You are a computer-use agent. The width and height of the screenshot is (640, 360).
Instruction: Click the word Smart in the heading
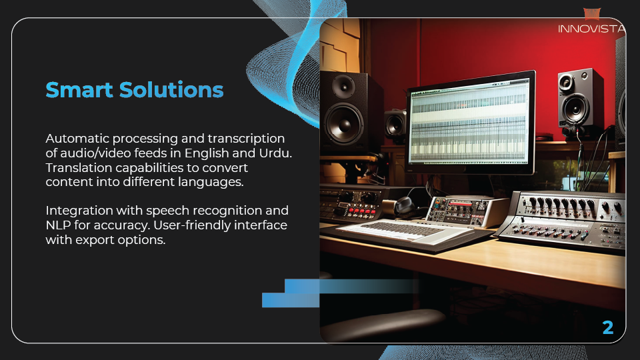coord(79,90)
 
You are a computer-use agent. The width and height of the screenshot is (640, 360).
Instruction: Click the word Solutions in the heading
coord(171,90)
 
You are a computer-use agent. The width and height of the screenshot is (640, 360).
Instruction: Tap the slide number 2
coord(608,327)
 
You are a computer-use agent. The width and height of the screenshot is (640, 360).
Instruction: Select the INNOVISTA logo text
coord(591,29)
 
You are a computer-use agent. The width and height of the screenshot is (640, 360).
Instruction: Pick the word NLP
coord(58,225)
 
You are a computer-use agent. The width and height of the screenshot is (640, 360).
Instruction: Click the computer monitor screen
coord(469,121)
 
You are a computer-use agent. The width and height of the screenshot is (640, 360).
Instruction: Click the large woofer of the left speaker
coord(344,123)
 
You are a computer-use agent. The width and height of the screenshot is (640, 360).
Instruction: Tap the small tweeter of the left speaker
coord(343,86)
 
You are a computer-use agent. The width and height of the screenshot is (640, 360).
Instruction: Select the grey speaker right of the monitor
coord(580,99)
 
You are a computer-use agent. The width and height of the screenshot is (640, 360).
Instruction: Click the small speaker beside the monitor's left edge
coord(395,124)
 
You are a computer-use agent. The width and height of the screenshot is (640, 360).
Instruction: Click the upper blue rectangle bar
coord(351,286)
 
